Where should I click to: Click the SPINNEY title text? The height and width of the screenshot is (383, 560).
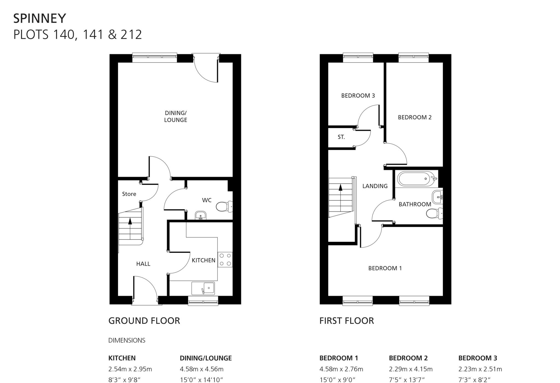40,19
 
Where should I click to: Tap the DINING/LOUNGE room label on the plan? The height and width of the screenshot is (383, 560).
176,116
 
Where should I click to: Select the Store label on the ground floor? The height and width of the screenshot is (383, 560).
129,194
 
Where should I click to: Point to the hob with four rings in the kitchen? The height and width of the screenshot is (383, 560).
225,260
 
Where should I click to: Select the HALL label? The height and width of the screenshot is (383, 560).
143,264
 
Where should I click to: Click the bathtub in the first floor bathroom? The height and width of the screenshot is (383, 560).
415,179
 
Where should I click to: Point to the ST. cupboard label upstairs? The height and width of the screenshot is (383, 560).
341,137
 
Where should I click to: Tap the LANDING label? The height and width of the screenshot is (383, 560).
375,186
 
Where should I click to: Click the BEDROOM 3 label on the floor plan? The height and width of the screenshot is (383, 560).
358,96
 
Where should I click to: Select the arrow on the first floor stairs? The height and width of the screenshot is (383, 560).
340,187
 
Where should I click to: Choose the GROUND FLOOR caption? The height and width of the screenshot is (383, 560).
144,321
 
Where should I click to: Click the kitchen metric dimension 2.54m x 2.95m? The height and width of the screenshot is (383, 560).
130,369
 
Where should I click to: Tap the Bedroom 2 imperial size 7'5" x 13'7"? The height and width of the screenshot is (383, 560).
407,380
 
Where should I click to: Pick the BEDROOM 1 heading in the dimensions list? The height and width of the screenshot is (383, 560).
339,358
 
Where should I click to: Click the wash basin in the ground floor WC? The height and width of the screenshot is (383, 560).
201,216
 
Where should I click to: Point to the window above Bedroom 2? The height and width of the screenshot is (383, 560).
413,57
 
